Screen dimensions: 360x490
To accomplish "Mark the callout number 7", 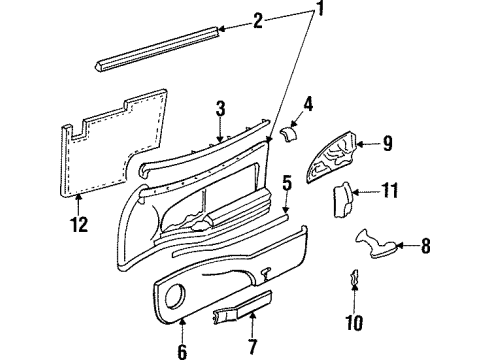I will coord(252,348).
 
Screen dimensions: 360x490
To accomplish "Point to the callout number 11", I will coord(391,190).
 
